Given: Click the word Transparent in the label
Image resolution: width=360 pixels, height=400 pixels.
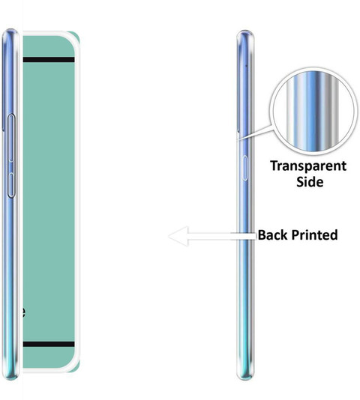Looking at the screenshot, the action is click(x=308, y=166).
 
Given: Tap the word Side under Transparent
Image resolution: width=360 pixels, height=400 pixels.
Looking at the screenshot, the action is click(x=310, y=182).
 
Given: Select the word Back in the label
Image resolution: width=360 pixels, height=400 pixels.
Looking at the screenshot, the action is click(x=273, y=235).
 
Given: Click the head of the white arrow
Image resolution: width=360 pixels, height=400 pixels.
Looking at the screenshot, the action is click(x=178, y=236).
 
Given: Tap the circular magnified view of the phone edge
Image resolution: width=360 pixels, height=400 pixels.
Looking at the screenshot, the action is click(x=312, y=111).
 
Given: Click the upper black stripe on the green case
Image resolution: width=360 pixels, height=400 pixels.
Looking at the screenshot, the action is click(x=49, y=60).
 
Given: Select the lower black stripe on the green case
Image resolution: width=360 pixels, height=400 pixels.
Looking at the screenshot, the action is click(x=49, y=344).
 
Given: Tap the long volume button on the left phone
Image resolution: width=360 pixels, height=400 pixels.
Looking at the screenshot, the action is click(x=11, y=138).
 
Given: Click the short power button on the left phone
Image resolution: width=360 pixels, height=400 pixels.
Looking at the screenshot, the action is click(x=11, y=185).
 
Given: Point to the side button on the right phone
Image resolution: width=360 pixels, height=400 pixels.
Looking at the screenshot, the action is click(x=245, y=168).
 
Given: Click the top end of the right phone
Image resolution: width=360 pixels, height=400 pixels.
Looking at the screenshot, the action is click(x=245, y=31).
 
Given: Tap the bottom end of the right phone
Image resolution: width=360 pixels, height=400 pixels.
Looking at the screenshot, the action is click(x=245, y=379).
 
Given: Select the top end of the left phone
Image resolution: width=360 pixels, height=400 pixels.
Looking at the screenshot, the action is click(x=10, y=30).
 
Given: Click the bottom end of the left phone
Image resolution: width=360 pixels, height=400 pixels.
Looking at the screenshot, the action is click(x=10, y=378).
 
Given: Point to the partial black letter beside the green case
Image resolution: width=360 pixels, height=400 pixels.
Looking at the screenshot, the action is click(x=23, y=312).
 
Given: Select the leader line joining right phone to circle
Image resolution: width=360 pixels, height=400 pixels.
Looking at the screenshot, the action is click(x=255, y=133).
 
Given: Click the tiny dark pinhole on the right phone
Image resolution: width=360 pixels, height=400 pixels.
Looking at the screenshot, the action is click(x=247, y=66).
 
